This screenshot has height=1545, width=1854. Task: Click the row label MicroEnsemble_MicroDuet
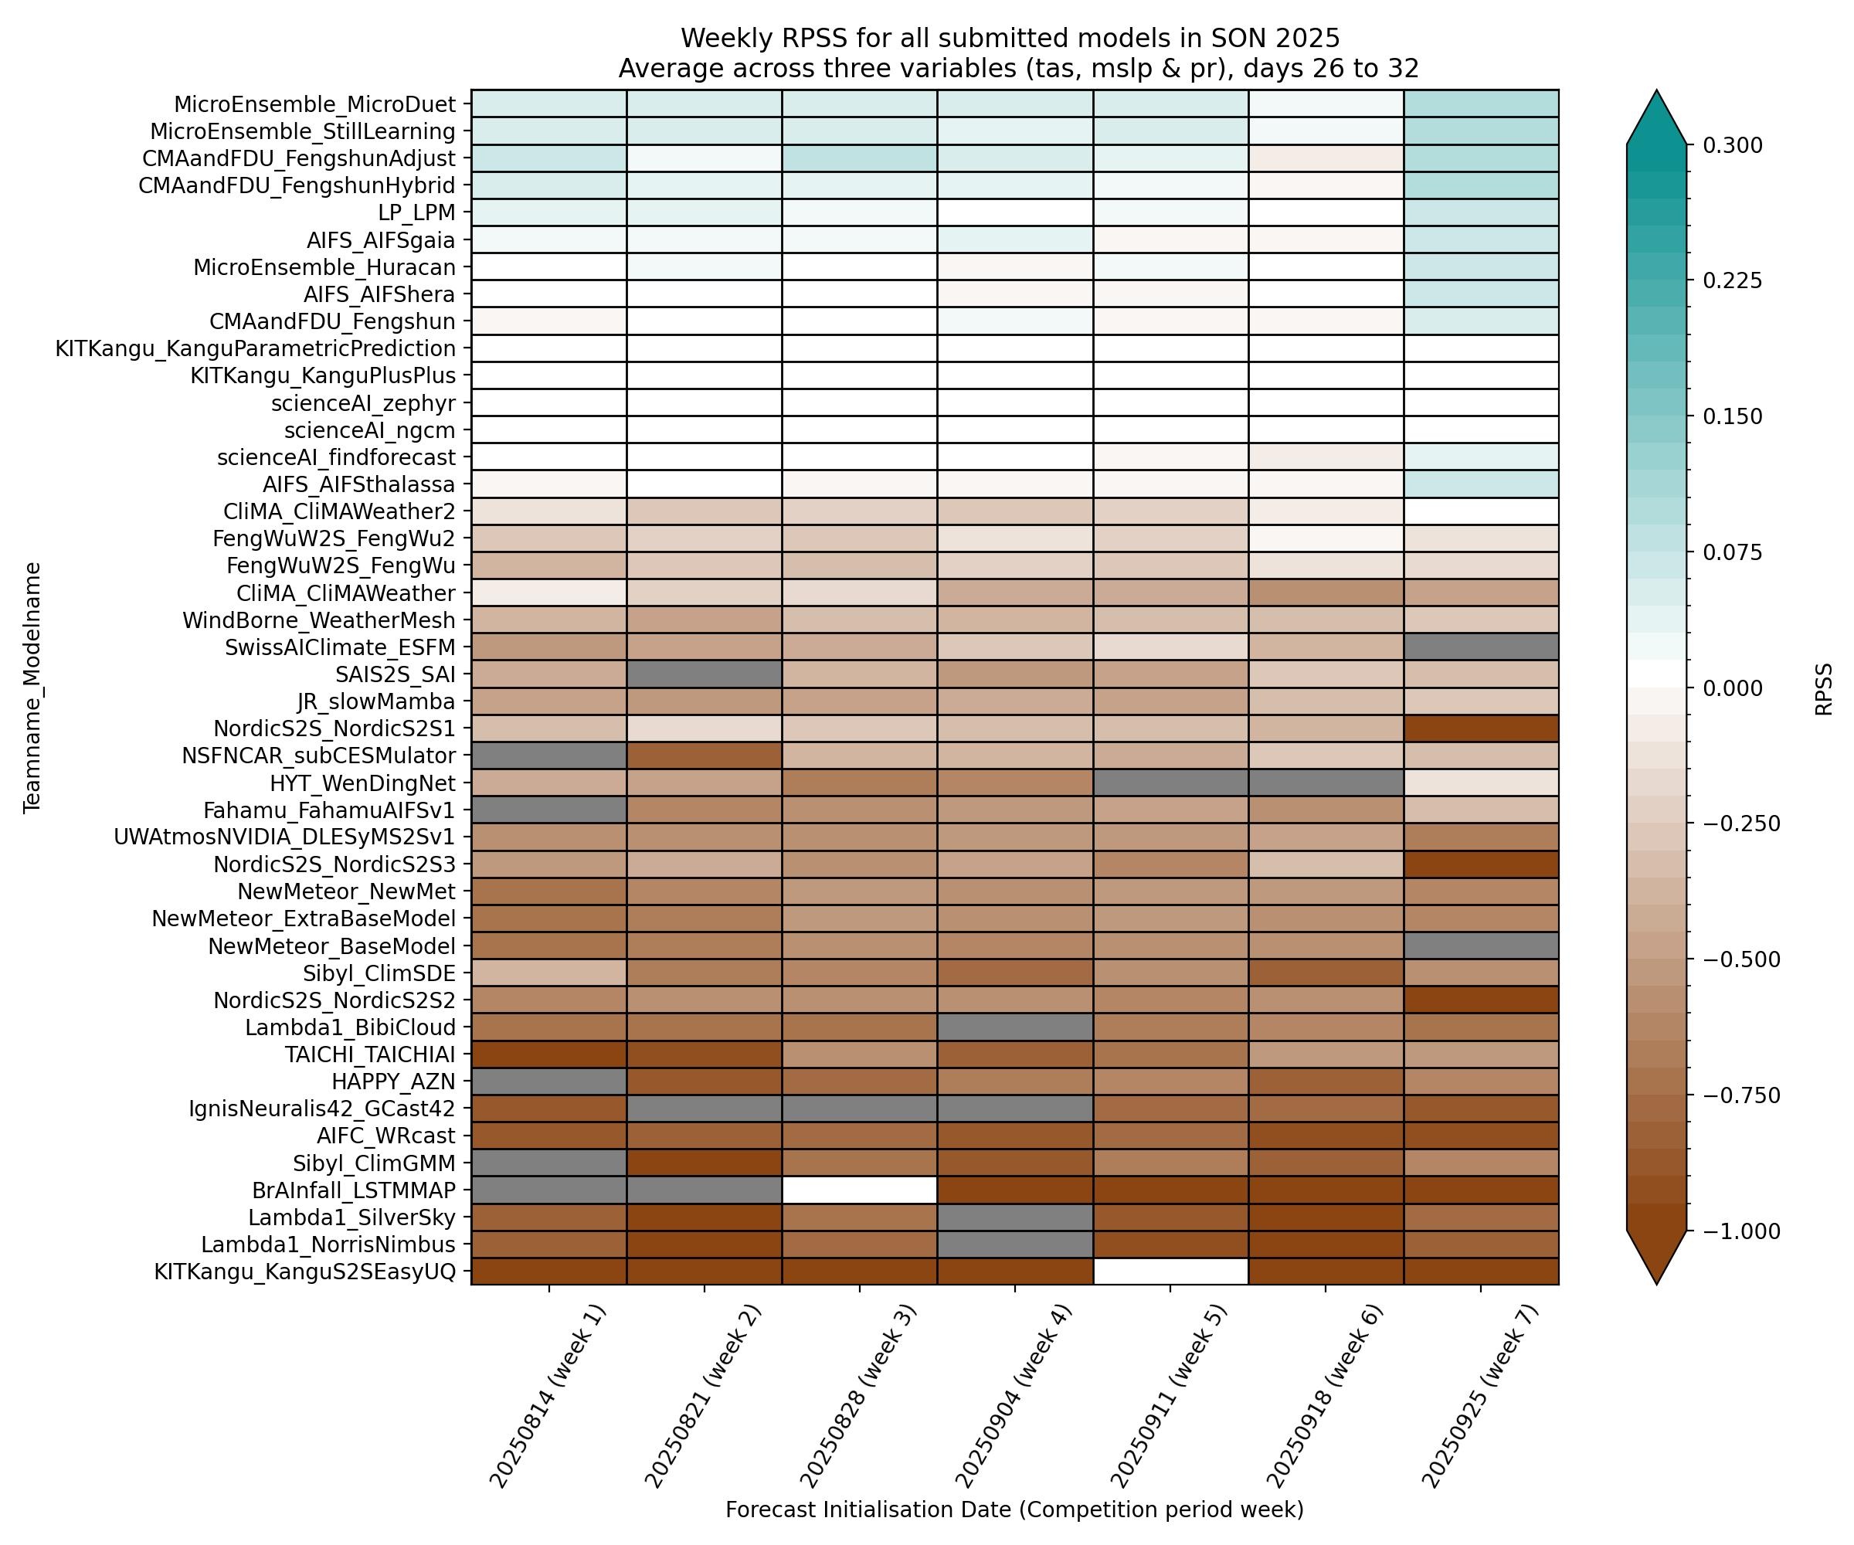click(x=314, y=104)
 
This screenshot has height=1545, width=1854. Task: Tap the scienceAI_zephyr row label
click(x=364, y=403)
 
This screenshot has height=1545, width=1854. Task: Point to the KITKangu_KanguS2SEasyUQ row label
click(x=304, y=1272)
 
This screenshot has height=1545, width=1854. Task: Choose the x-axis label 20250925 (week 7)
click(x=1482, y=1395)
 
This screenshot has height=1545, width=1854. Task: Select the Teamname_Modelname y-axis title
click(x=32, y=687)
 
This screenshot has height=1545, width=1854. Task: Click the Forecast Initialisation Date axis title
click(x=1014, y=1509)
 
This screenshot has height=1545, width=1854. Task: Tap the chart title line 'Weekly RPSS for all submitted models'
click(x=1010, y=39)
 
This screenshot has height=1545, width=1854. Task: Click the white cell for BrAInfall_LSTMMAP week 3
click(x=859, y=1189)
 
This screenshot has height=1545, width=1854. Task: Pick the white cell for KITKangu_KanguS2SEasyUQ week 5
click(x=1170, y=1272)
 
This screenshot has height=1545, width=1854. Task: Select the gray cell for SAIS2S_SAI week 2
click(x=704, y=674)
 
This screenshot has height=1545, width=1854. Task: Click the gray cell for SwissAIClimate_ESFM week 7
click(x=1481, y=647)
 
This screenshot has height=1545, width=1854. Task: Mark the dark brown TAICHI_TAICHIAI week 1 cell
click(x=548, y=1054)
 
